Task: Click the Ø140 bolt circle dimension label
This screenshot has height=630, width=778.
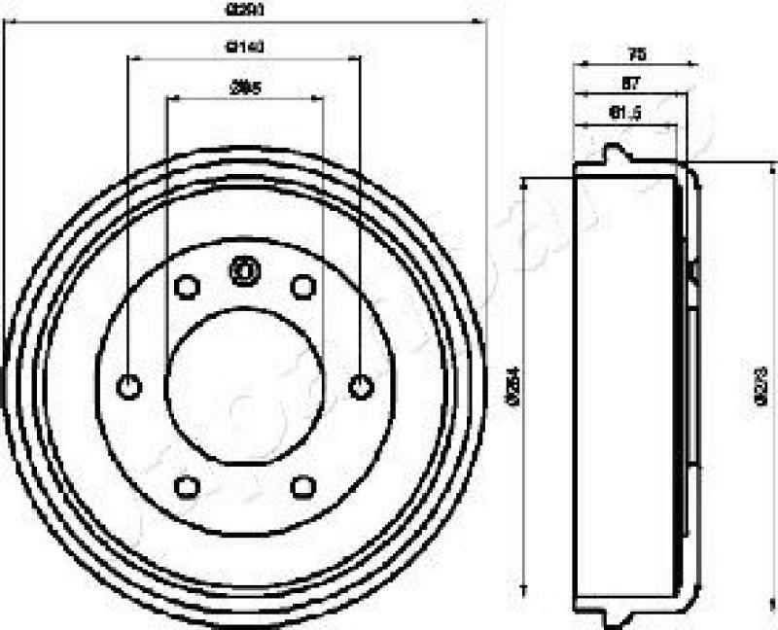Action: click(x=245, y=46)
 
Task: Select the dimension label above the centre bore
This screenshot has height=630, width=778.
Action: click(x=245, y=87)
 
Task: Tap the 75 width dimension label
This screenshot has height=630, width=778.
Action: click(x=638, y=54)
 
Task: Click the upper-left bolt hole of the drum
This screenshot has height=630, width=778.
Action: click(x=187, y=287)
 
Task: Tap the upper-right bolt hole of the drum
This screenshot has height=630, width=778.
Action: click(x=303, y=287)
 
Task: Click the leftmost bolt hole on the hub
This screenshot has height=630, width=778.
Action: click(x=128, y=387)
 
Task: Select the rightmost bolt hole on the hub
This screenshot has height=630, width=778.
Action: click(x=361, y=387)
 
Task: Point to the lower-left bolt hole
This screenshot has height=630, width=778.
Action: click(x=187, y=486)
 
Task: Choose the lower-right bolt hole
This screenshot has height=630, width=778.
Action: click(x=303, y=486)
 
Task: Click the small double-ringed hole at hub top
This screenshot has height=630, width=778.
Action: click(x=243, y=269)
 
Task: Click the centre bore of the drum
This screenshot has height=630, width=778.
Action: click(x=244, y=387)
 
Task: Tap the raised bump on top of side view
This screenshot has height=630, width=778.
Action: click(x=615, y=154)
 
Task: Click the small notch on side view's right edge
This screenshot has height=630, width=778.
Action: click(x=693, y=270)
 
